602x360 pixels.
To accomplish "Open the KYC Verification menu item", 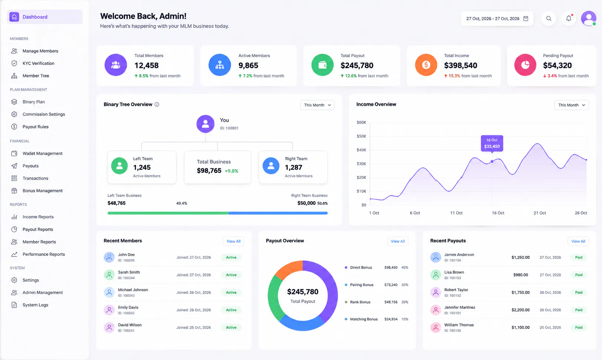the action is tap(38, 63).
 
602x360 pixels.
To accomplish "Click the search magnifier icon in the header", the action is tap(549, 19).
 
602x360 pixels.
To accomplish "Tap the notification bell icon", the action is tap(569, 18).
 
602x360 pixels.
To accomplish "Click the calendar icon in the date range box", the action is tap(526, 19).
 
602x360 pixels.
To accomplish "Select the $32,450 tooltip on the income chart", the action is tap(492, 144).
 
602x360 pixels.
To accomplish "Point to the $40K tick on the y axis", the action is tap(361, 150).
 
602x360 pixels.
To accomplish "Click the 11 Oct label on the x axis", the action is tap(456, 213).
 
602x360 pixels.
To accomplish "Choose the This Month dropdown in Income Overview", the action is tap(571, 105).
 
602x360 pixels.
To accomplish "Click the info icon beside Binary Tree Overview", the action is tap(157, 105).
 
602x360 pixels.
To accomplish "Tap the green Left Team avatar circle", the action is tap(120, 166).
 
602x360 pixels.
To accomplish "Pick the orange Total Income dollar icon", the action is tap(426, 65).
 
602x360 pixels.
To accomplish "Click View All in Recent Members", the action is tap(233, 241).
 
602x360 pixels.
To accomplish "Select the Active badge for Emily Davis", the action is tap(231, 310).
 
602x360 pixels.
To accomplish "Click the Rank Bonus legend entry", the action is tap(360, 302).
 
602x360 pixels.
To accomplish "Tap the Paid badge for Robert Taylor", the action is tap(579, 292).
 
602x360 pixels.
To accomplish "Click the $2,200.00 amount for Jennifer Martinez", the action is tap(520, 310).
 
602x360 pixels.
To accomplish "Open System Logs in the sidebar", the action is tap(35, 305).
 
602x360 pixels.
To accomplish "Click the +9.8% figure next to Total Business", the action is tap(231, 171).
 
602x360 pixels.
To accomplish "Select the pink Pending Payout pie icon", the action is tap(525, 65).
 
